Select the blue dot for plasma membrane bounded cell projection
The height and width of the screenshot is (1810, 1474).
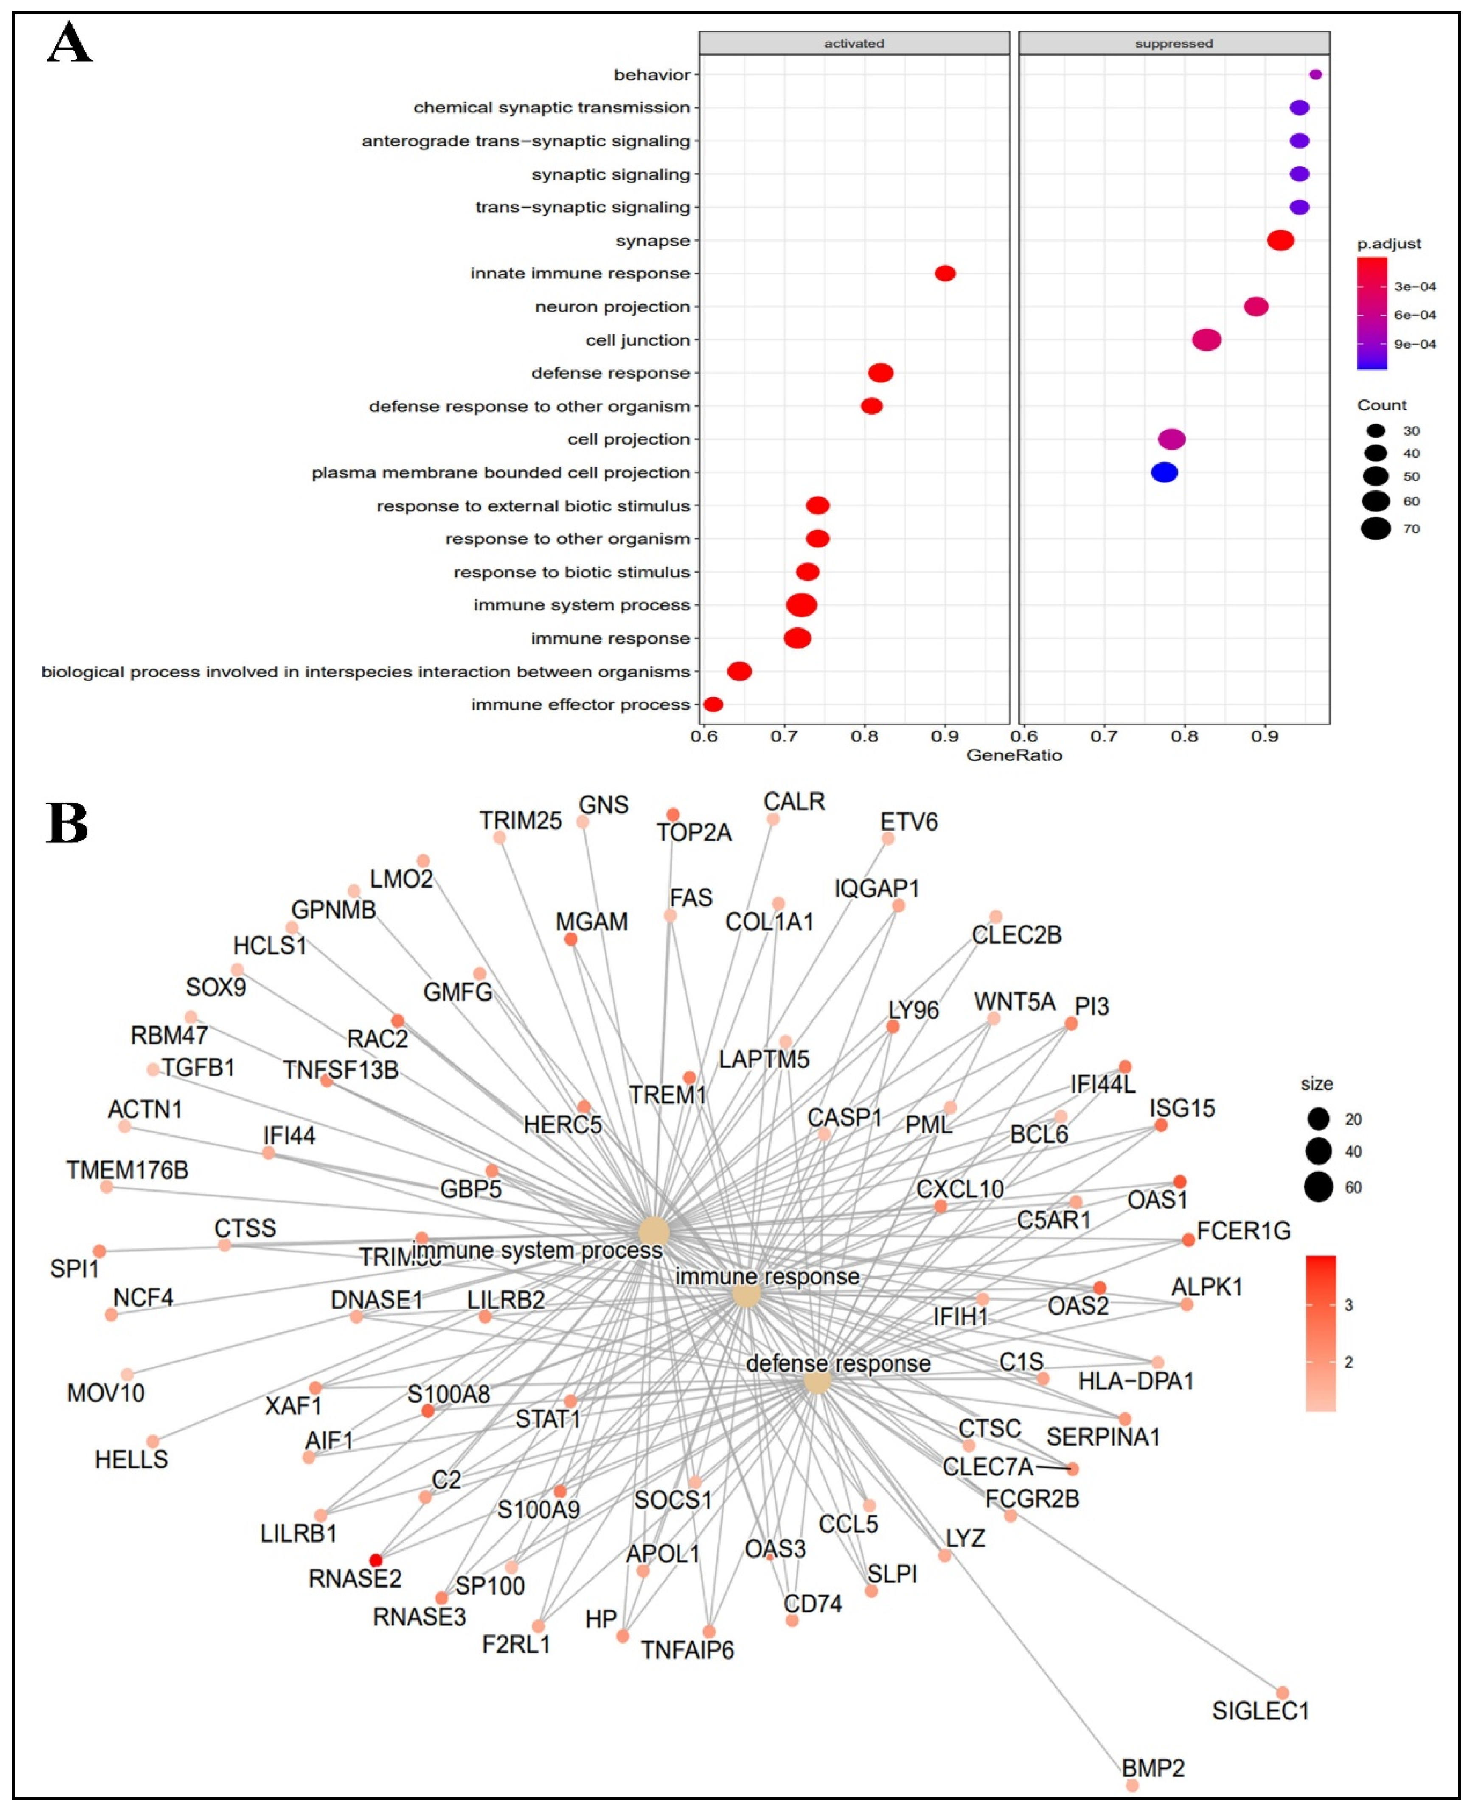pyautogui.click(x=1164, y=472)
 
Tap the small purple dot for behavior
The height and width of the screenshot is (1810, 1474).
pyautogui.click(x=1315, y=75)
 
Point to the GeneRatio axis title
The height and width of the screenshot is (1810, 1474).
pyautogui.click(x=1014, y=755)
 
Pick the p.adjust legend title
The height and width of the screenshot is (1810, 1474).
pyautogui.click(x=1388, y=244)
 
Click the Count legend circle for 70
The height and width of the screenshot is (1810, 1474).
pyautogui.click(x=1376, y=529)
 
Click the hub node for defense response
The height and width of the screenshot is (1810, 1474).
pyautogui.click(x=817, y=1381)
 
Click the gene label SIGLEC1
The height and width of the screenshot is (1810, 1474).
pyautogui.click(x=1260, y=1711)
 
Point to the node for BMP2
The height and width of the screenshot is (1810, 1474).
pyautogui.click(x=1132, y=1785)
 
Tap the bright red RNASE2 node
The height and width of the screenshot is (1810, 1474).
pyautogui.click(x=375, y=1560)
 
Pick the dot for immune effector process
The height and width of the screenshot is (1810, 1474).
pyautogui.click(x=713, y=705)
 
